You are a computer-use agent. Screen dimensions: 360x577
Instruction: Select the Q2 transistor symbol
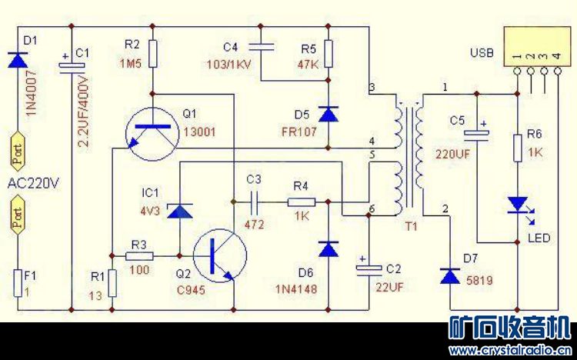[x=218, y=255]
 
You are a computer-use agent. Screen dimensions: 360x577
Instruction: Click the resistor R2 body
[x=154, y=53]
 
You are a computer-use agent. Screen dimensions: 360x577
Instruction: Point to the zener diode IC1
[x=178, y=210]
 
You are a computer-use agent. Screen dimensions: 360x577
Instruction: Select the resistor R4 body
[x=301, y=202]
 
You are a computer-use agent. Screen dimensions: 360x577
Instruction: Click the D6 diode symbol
[x=329, y=248]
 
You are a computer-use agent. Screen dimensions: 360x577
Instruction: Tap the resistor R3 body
[x=139, y=255]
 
